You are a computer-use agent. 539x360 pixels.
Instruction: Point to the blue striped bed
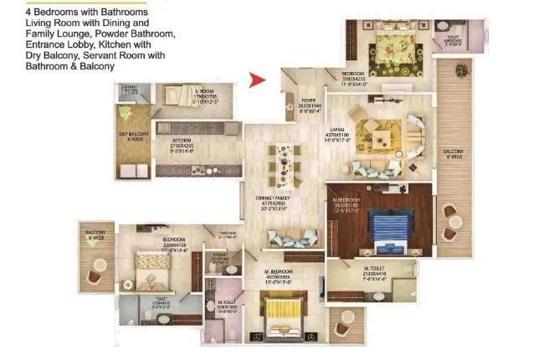[x=386, y=224]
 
